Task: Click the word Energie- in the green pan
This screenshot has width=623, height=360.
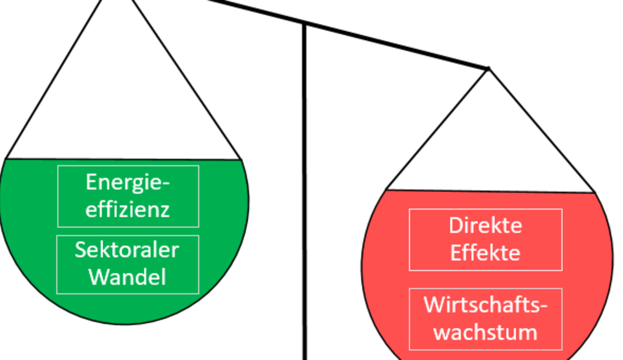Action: (128, 183)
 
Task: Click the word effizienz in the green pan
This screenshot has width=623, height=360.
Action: (128, 210)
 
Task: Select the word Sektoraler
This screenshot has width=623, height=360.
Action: (127, 250)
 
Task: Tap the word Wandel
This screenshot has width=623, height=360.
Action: (127, 277)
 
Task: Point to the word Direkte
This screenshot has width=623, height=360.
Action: (485, 225)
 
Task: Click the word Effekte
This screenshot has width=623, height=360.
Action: (485, 252)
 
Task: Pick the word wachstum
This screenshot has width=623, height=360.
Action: (485, 333)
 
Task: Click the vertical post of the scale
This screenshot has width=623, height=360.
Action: (305, 211)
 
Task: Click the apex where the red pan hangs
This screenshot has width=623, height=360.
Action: (488, 68)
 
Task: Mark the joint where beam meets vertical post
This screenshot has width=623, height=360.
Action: (305, 23)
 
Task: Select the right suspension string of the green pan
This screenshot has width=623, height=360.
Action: (185, 79)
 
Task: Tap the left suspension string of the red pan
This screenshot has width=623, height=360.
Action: (438, 129)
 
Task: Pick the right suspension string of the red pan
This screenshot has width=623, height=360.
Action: (541, 130)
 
